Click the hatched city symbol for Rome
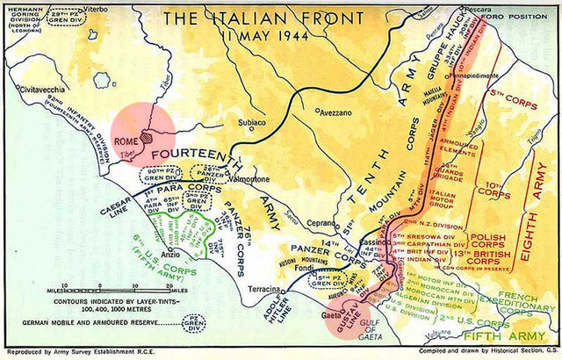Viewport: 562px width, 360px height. click(147, 139)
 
